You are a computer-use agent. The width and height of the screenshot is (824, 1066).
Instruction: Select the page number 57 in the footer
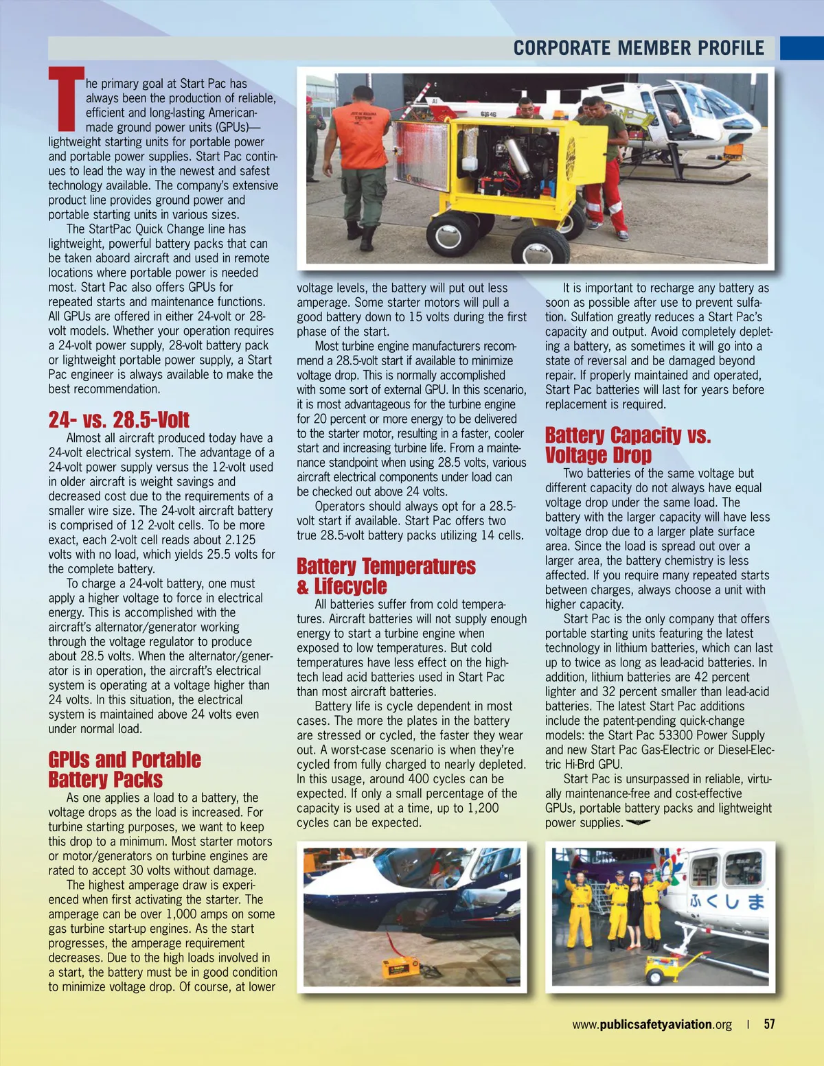pos(769,1024)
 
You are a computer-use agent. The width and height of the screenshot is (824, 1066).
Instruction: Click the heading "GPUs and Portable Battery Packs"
pos(124,769)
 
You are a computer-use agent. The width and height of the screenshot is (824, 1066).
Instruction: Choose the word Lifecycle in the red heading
pos(350,587)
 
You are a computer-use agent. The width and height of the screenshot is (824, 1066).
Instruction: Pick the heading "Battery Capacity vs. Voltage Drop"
pos(628,445)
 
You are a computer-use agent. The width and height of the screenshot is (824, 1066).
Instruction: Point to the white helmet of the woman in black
pos(635,875)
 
